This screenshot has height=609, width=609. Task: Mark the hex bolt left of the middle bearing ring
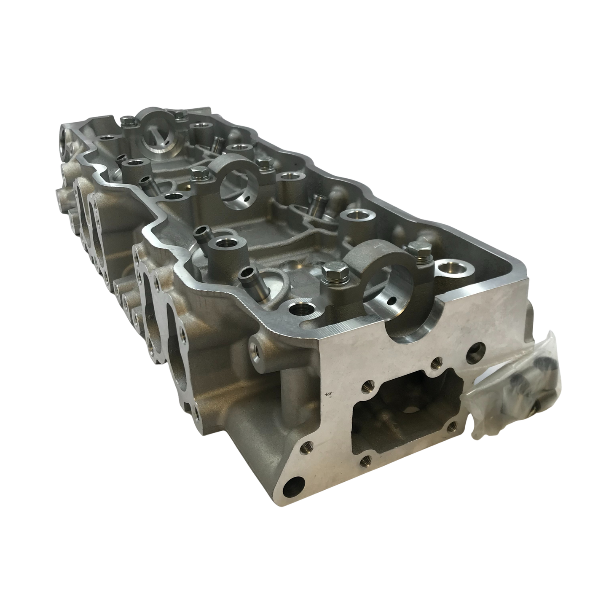click(197, 174)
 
